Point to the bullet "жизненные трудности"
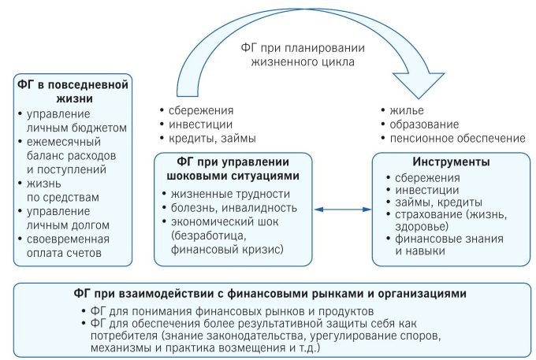230,194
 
